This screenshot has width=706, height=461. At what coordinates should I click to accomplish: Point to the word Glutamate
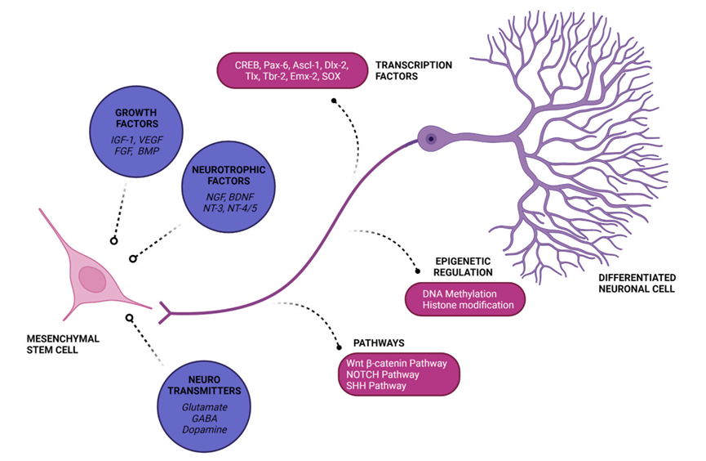click(x=193, y=406)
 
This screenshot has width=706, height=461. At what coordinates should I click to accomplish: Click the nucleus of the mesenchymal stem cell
click(x=92, y=280)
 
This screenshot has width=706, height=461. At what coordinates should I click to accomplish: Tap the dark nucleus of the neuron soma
click(x=429, y=140)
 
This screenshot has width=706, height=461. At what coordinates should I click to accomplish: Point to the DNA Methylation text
click(x=460, y=293)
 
